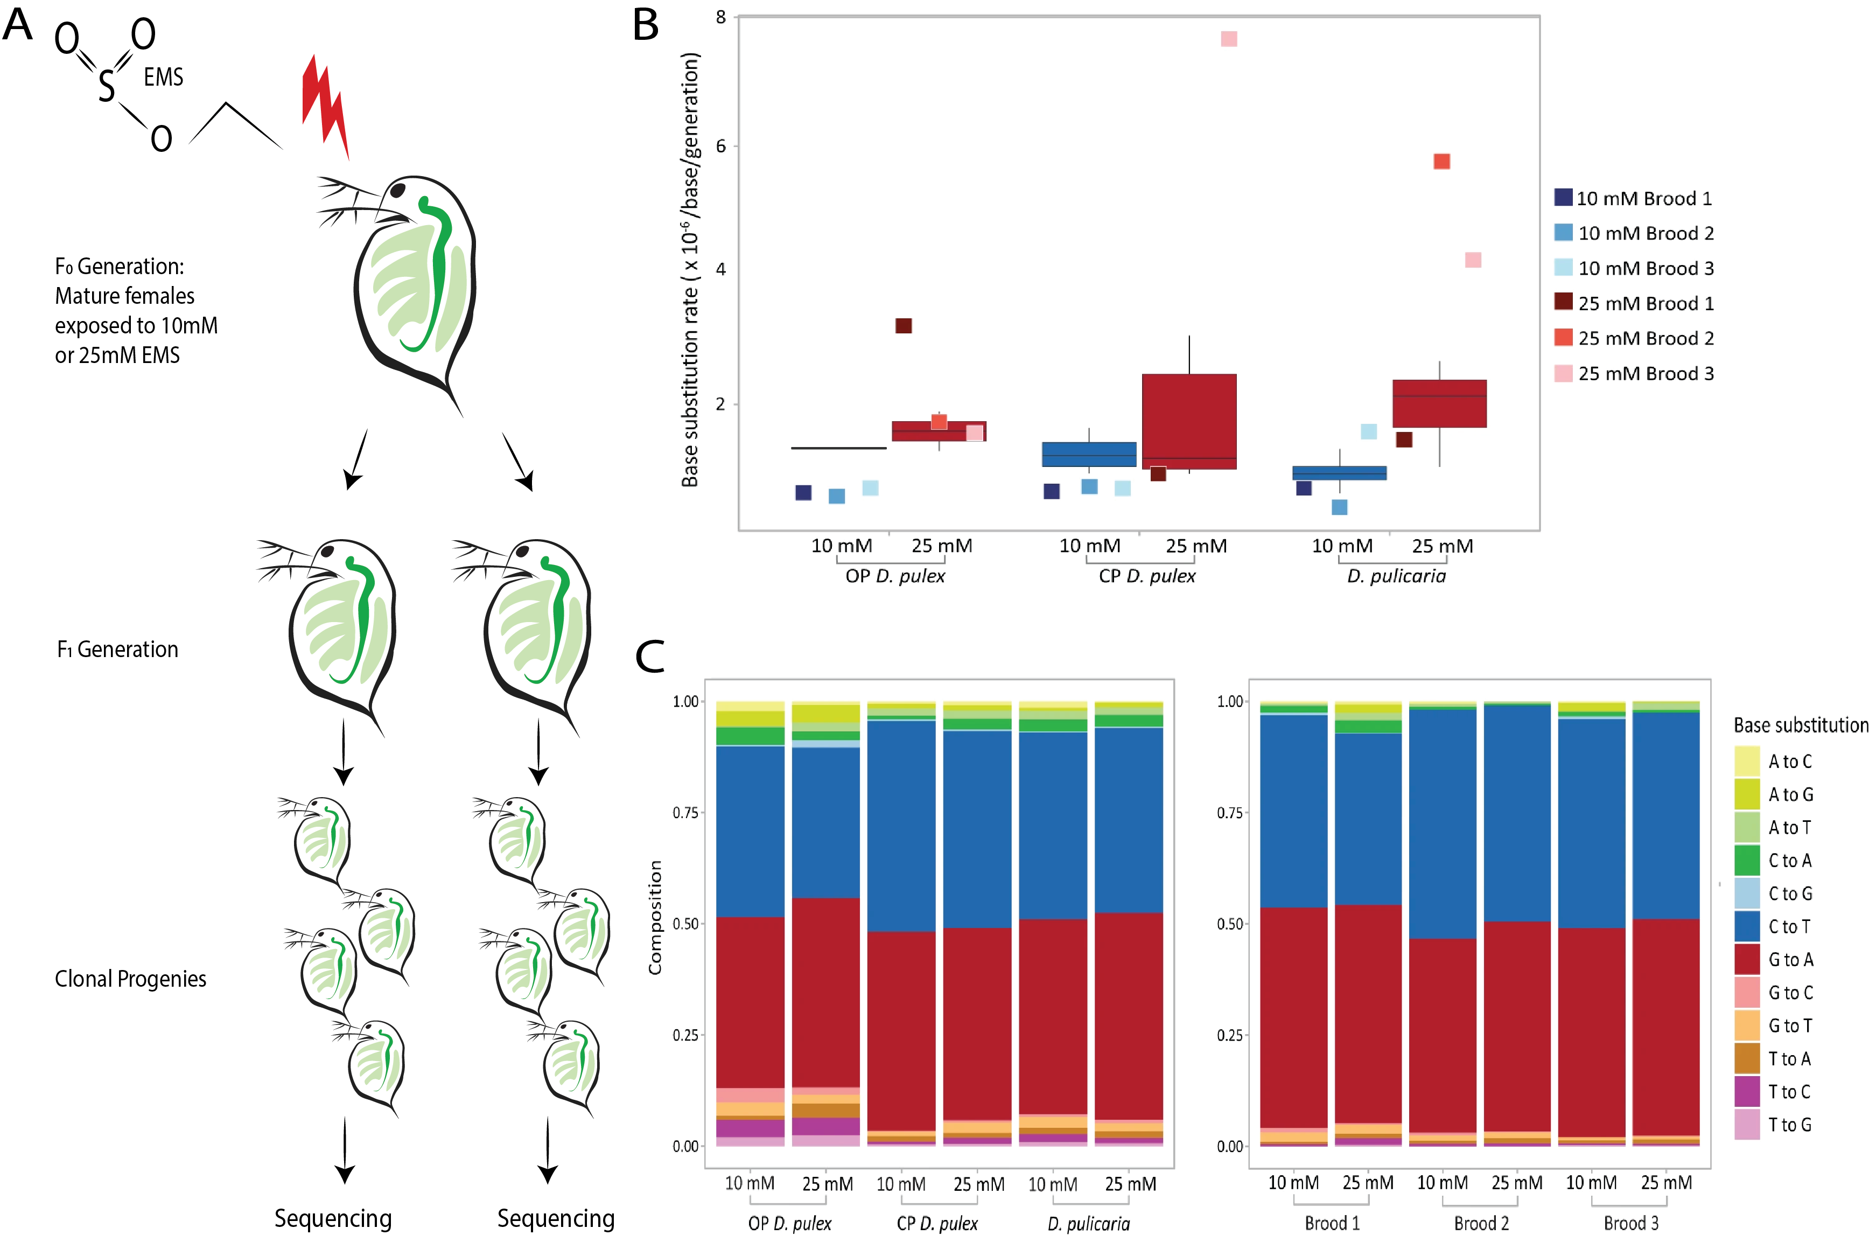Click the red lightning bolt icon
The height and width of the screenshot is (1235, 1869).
[324, 106]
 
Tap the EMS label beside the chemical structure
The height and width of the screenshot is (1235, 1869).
[164, 77]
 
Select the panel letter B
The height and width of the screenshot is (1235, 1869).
[646, 25]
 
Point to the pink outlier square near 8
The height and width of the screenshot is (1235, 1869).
[1228, 39]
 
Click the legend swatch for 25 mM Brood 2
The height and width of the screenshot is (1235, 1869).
[1563, 338]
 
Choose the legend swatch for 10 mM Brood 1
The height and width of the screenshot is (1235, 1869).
[1563, 198]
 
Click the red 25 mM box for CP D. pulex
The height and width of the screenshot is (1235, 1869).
[1189, 421]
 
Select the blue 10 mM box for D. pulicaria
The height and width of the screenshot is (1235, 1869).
[1339, 472]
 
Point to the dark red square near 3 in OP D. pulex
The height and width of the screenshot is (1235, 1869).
[903, 326]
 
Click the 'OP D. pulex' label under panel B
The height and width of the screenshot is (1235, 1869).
[895, 576]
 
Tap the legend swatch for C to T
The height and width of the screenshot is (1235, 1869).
[1747, 926]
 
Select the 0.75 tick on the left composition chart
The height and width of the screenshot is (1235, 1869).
[685, 813]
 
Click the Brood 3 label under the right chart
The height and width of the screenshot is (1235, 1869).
[1630, 1223]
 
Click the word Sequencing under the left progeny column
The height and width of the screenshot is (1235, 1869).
[333, 1218]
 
